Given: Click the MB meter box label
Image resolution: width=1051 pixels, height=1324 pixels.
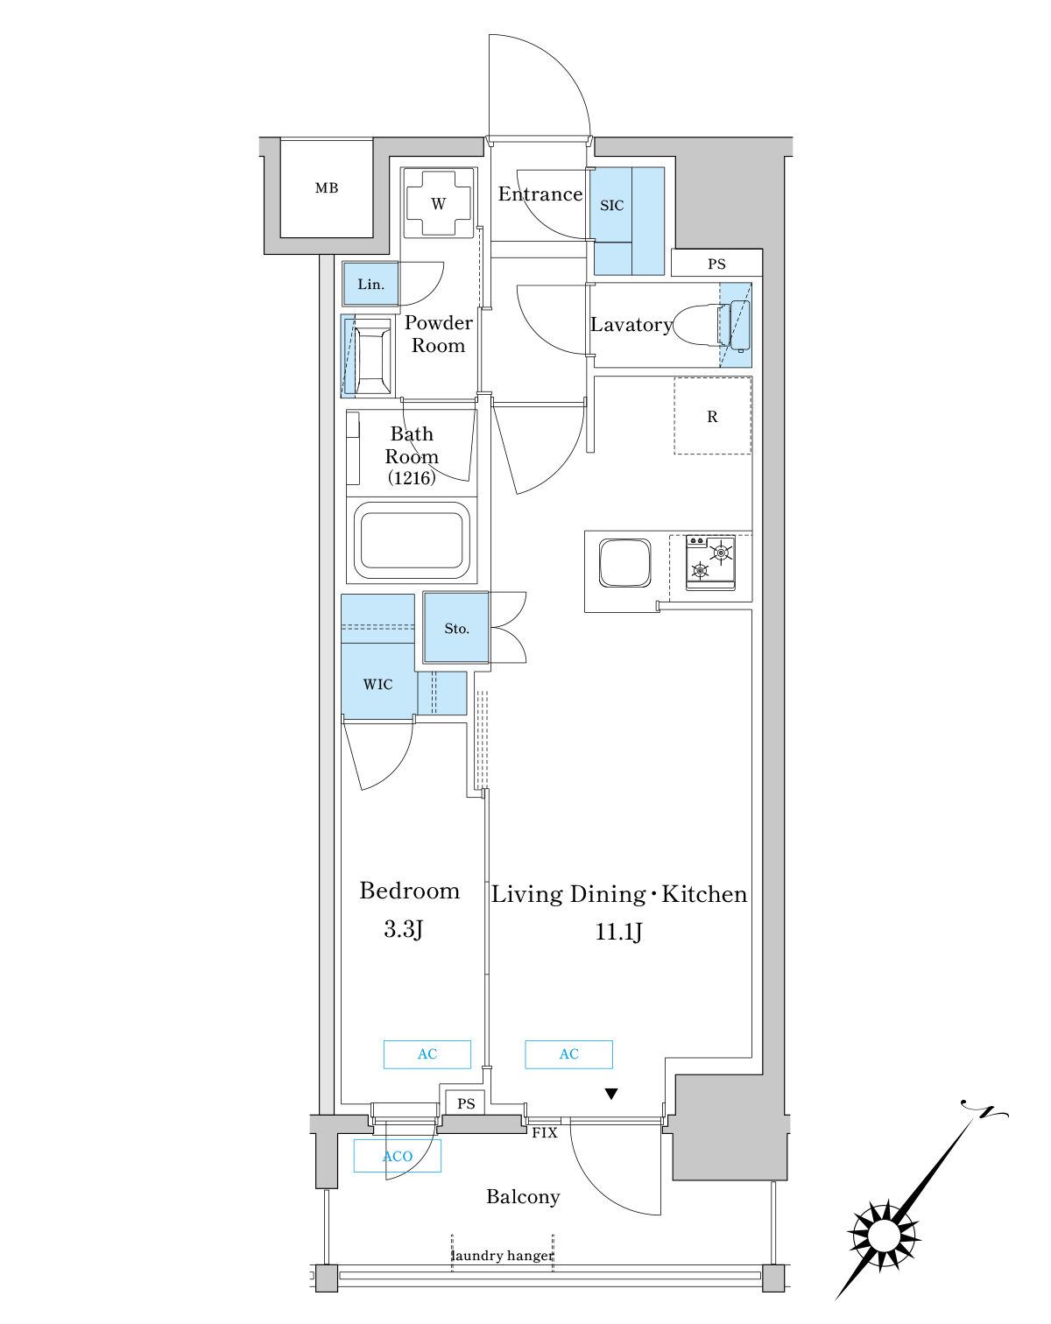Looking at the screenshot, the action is [x=326, y=188].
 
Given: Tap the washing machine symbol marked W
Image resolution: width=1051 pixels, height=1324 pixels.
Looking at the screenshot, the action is [x=438, y=203].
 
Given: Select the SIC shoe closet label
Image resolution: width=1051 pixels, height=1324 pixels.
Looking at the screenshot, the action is [x=611, y=206].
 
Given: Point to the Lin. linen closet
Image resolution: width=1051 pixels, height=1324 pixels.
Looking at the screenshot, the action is [x=370, y=284].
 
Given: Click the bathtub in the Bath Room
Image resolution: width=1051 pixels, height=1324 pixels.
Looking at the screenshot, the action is [x=412, y=540].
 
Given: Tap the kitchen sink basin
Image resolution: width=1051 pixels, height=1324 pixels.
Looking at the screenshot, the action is [x=624, y=563].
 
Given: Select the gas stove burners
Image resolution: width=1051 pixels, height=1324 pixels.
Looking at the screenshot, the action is [x=710, y=562].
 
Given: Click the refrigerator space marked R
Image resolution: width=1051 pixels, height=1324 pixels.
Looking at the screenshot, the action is [x=713, y=416].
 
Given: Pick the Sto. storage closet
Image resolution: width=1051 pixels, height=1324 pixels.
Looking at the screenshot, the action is [x=456, y=628].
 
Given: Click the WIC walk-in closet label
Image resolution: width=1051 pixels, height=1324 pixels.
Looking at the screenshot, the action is [x=377, y=684].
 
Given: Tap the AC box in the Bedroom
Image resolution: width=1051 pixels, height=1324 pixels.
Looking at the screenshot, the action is [x=427, y=1054].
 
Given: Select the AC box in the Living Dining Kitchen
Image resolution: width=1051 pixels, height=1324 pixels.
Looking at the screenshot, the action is [x=568, y=1054].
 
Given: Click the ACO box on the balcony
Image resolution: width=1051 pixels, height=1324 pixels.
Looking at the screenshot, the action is [x=398, y=1156].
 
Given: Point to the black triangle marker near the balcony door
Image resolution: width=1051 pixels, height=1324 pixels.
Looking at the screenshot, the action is [x=611, y=1094].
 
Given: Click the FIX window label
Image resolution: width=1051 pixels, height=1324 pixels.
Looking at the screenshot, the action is [x=545, y=1132].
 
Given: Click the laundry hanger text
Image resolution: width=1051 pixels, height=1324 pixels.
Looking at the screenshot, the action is [x=502, y=1255].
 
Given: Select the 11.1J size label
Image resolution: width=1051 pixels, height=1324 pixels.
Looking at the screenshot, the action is [x=618, y=932].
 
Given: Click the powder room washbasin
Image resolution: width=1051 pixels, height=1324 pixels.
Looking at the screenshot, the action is [x=368, y=357].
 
